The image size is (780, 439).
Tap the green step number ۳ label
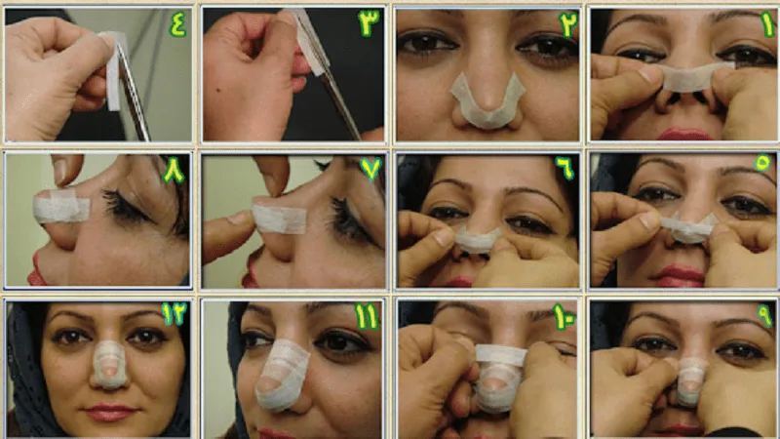(x=369, y=22)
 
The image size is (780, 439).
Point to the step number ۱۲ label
(x=174, y=313)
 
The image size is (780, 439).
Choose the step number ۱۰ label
(x=565, y=317)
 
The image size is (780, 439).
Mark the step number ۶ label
(x=565, y=167)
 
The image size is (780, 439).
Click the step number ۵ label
(x=763, y=163)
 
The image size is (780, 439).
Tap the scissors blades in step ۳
(x=329, y=75)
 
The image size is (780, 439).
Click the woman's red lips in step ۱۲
(x=110, y=413)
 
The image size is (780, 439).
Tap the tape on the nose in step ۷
(x=279, y=219)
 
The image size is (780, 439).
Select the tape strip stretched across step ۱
(x=695, y=77)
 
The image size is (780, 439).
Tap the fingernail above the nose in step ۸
(x=60, y=173)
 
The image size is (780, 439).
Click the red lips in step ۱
(x=685, y=135)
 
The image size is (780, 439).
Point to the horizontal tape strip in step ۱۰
(x=500, y=356)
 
